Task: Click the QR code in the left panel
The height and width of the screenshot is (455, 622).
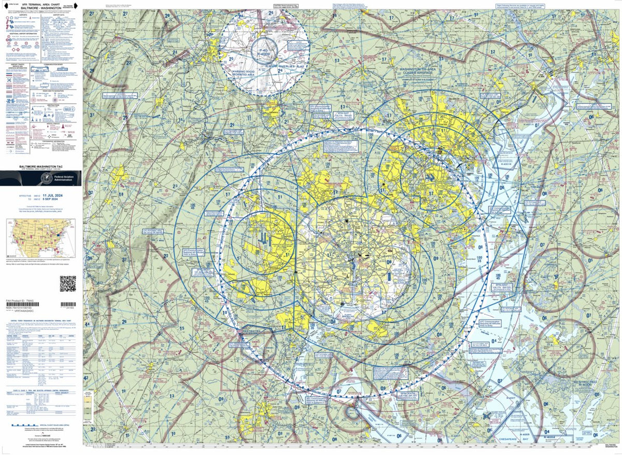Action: [68, 284]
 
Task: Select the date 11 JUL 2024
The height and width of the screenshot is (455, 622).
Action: [59, 195]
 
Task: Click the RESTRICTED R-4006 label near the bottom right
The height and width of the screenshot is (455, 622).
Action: [585, 384]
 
